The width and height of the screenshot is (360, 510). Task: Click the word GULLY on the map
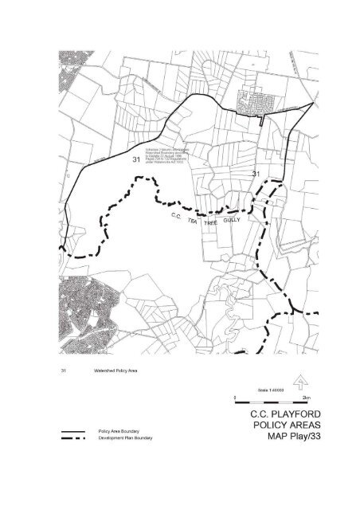click(232, 219)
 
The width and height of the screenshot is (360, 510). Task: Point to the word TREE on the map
click(211, 224)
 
